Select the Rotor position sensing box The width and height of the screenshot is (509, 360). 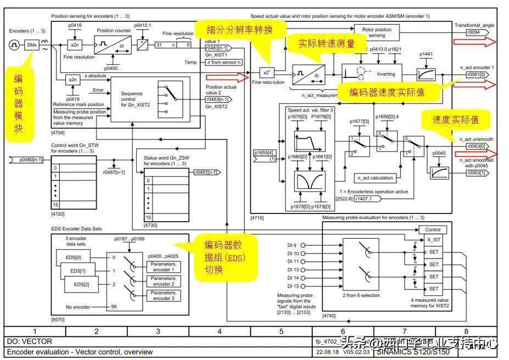[x=377, y=32]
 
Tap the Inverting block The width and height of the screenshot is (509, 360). [x=385, y=74]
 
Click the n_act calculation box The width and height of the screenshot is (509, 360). [x=375, y=178]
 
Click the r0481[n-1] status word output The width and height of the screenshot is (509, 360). [x=206, y=172]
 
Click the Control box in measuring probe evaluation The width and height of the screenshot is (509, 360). [x=433, y=230]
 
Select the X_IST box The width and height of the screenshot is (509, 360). [x=434, y=240]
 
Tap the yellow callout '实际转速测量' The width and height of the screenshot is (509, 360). [x=326, y=43]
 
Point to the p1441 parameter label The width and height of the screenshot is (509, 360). [x=426, y=54]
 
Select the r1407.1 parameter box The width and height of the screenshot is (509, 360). [x=363, y=199]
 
